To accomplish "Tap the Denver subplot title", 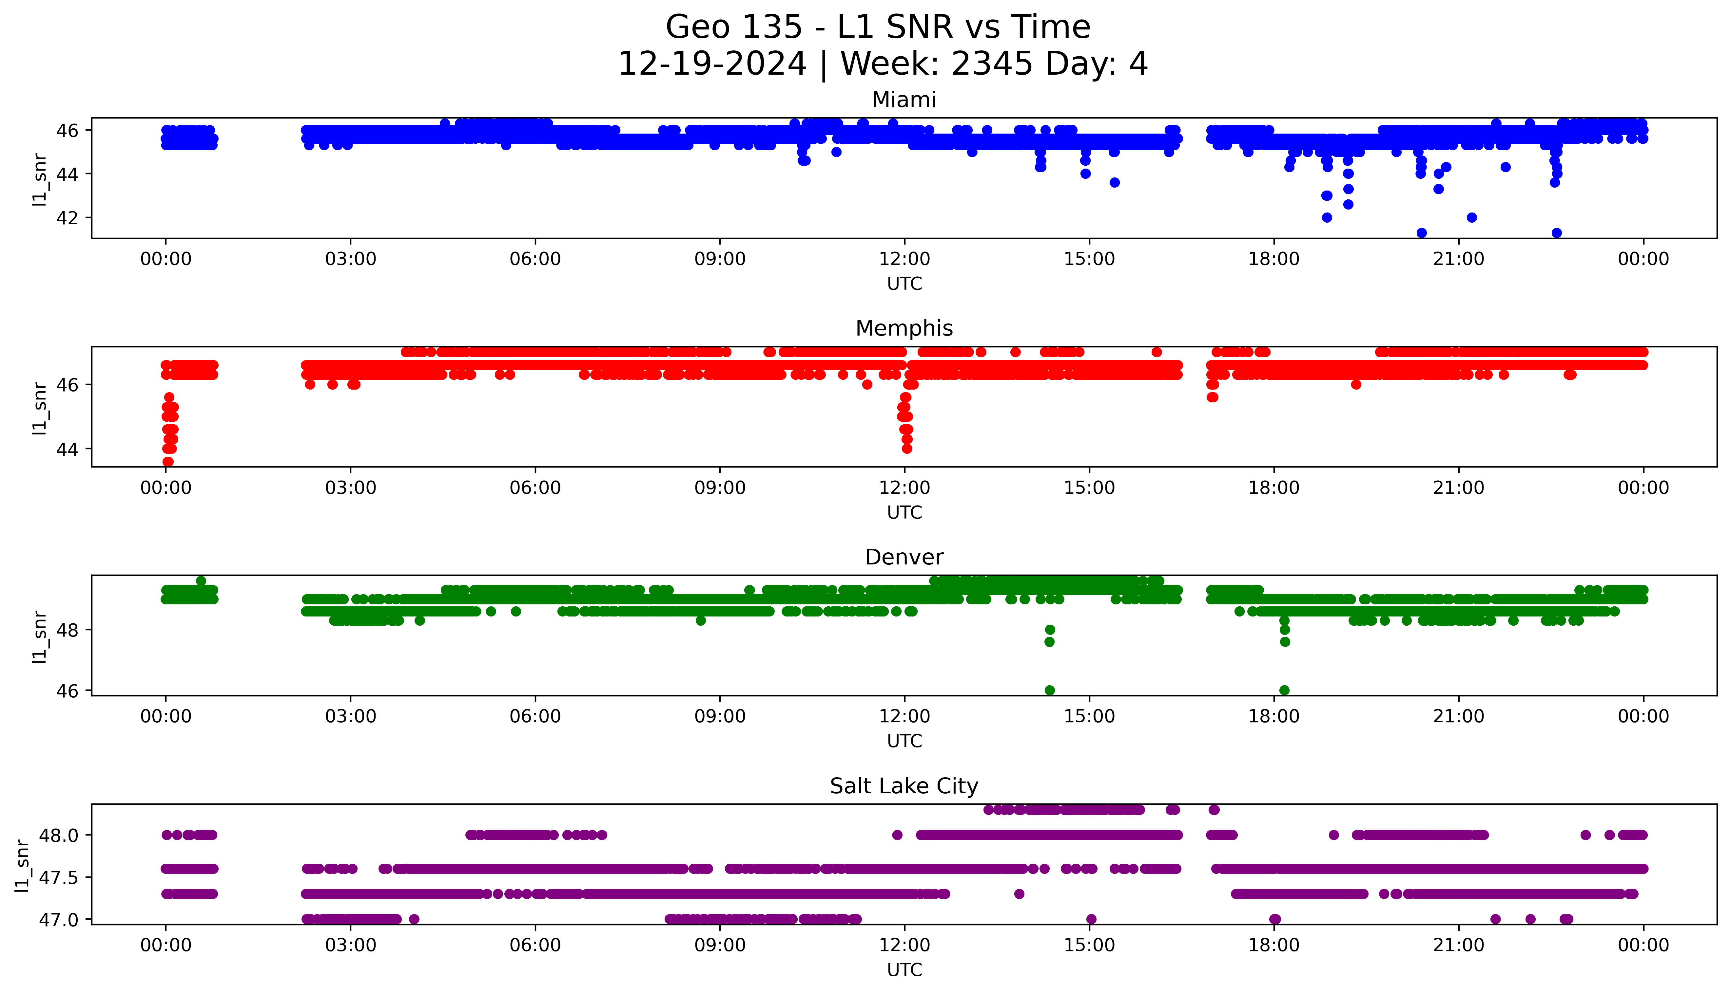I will click(x=904, y=557).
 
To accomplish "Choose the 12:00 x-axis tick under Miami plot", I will click(x=904, y=259).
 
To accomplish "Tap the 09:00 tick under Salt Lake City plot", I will click(x=720, y=945).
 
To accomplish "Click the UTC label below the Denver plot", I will click(x=904, y=741).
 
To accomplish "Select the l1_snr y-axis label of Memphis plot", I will click(x=40, y=408).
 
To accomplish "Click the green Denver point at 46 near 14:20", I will click(x=1050, y=690).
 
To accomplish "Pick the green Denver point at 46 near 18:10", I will click(x=1284, y=690).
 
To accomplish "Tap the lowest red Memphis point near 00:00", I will click(x=168, y=462).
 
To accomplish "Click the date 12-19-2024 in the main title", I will click(x=712, y=64).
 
